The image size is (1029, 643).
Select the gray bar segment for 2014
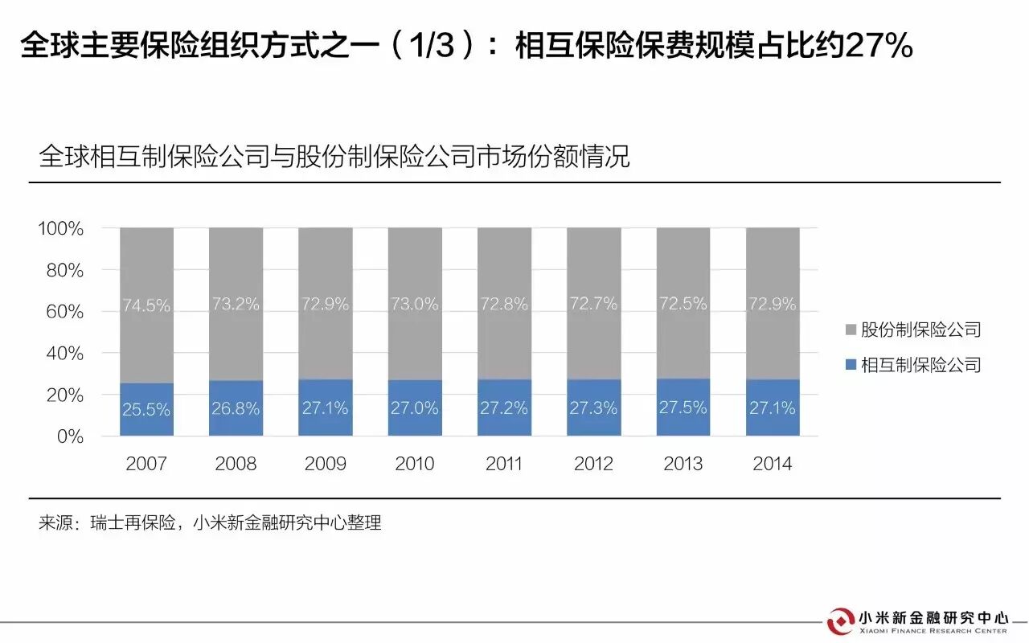tap(773, 265)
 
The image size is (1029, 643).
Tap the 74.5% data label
tap(146, 305)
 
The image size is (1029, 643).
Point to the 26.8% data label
tap(236, 409)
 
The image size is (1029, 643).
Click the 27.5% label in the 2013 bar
tap(683, 408)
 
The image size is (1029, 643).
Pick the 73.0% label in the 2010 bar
tap(415, 304)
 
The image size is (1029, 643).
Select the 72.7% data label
tap(593, 304)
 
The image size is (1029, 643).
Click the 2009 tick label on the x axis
tap(326, 464)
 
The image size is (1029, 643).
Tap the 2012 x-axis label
tap(593, 464)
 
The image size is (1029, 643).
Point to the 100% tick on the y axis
tap(61, 229)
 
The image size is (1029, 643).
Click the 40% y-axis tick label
tap(65, 354)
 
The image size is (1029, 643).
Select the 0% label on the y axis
tap(70, 436)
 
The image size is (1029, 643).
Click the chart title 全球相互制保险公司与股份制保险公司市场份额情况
tap(334, 156)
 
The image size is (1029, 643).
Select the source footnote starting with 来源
tap(209, 523)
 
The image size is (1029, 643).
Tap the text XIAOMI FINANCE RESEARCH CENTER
tap(933, 632)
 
